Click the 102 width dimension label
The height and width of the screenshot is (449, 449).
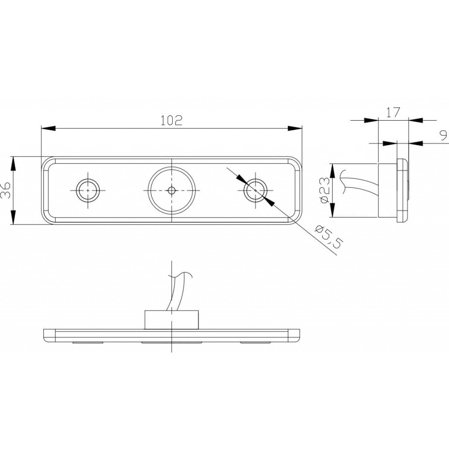click(x=171, y=121)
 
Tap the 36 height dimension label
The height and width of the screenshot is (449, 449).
click(x=6, y=190)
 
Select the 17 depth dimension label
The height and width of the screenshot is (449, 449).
click(x=393, y=113)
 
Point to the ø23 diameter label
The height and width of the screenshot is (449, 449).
click(x=325, y=190)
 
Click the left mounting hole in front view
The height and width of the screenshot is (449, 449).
click(x=88, y=190)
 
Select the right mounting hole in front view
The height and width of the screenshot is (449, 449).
click(x=255, y=190)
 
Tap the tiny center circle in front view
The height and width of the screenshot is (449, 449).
click(x=171, y=190)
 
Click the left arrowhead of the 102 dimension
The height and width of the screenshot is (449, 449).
click(x=48, y=128)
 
